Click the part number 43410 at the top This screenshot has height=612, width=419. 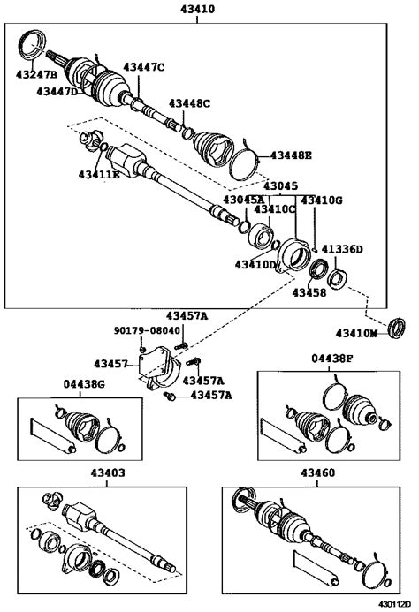(197, 9)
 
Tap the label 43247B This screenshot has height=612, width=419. (36, 74)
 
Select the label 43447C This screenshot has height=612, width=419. (144, 67)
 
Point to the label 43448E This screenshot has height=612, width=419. (291, 155)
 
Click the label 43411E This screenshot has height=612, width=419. (99, 175)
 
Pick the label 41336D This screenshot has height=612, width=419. (342, 249)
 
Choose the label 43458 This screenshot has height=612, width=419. (309, 292)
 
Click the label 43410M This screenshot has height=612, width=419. (357, 333)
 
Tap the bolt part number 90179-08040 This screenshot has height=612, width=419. (147, 330)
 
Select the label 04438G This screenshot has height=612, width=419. (84, 384)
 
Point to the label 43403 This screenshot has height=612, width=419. (108, 472)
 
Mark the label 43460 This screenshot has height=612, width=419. (317, 472)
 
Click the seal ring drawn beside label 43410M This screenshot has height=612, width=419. (398, 328)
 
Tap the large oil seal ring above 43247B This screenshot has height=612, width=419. (33, 45)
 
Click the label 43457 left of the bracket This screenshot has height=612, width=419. (110, 364)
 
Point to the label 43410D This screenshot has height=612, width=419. (255, 265)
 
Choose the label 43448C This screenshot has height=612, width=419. (189, 103)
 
